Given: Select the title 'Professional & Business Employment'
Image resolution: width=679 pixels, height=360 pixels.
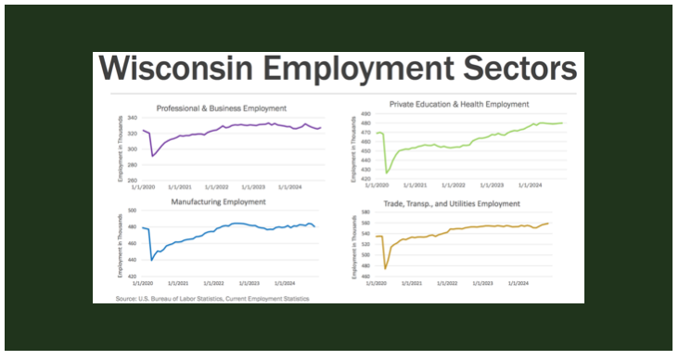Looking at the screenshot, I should pyautogui.click(x=221, y=109).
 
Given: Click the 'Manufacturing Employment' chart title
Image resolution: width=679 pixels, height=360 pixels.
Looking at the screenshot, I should pyautogui.click(x=219, y=201).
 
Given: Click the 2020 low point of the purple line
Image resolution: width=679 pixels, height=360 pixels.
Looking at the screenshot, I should pyautogui.click(x=153, y=156).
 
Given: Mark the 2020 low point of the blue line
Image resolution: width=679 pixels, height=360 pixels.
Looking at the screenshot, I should pyautogui.click(x=152, y=261).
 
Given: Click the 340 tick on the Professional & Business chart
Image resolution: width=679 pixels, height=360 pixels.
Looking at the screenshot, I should pyautogui.click(x=132, y=118).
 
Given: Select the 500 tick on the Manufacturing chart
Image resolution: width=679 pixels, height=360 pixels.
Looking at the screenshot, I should pyautogui.click(x=132, y=212).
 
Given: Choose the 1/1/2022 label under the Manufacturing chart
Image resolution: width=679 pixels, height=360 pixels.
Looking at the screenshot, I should pyautogui.click(x=217, y=283).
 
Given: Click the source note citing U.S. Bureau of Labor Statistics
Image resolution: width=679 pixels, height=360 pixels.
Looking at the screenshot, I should pyautogui.click(x=212, y=299).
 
